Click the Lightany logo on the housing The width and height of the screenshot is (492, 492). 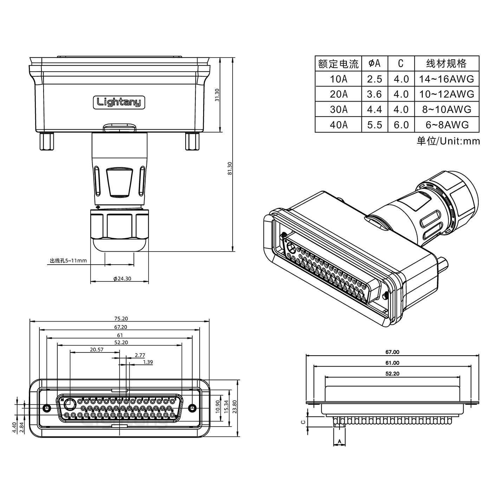point(119,102)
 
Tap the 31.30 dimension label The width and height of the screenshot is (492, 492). point(217,95)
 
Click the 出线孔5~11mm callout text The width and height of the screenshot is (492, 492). point(68,261)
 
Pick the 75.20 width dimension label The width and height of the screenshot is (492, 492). point(121,319)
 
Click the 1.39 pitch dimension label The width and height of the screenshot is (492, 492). point(148,362)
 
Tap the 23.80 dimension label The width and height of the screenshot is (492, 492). point(235,407)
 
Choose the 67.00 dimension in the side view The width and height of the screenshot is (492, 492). point(392,352)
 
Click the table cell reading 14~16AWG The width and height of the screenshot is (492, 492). point(446,79)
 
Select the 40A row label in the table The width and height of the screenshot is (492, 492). point(338,125)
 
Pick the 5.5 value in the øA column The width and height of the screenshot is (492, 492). point(375,125)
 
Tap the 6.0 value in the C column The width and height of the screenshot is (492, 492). point(401,125)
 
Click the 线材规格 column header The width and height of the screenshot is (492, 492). point(446,64)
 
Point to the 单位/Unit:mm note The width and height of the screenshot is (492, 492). point(448,141)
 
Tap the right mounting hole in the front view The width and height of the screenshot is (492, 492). point(192,408)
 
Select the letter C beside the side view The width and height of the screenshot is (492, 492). point(303,422)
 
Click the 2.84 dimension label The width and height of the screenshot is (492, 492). point(21,427)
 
